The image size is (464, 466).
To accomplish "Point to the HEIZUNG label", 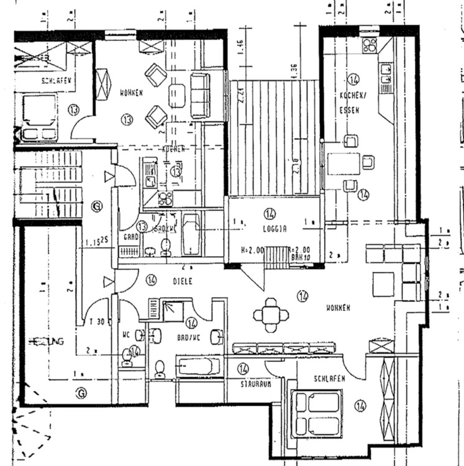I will click(47, 342).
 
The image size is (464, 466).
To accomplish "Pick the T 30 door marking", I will click(96, 321).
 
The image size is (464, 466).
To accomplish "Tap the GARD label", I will click(130, 237).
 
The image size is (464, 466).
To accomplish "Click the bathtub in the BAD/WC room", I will click(199, 366).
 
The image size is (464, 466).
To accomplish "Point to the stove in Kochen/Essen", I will click(370, 44).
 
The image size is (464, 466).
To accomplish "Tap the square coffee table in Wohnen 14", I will click(383, 284).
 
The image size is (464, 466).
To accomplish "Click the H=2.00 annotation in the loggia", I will click(252, 250).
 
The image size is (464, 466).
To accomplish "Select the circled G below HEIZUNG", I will click(80, 391).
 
